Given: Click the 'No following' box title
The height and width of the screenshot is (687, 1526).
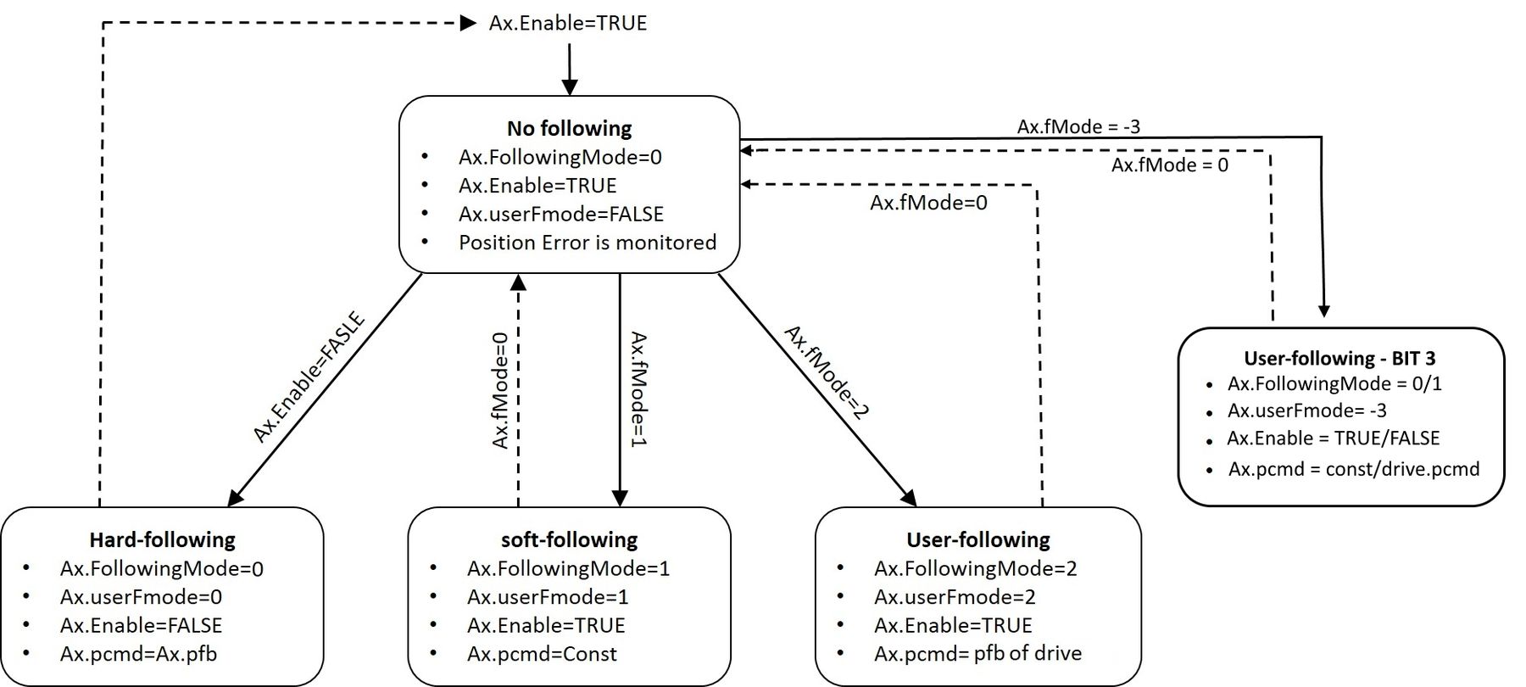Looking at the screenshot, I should [569, 128].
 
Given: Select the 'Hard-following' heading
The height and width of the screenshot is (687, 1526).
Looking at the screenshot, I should [162, 539].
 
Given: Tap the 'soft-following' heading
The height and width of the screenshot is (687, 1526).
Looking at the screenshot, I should [569, 539].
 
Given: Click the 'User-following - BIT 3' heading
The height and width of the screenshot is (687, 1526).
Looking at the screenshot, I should [1339, 358].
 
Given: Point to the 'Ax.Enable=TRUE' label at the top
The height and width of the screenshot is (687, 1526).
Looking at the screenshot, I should [567, 23].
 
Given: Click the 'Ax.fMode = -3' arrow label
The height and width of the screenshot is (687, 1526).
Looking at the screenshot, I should [1078, 126].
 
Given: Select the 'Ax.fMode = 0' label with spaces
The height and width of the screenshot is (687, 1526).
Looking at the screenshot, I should [1169, 165].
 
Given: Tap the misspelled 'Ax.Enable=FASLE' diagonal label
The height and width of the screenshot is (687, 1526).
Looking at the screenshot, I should [309, 377].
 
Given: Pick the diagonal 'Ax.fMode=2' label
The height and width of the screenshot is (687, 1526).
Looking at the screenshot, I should [827, 373].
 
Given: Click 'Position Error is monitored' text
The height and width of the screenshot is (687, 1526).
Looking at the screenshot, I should [587, 243].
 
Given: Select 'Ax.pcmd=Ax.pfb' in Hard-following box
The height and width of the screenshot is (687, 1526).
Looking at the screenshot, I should [138, 654].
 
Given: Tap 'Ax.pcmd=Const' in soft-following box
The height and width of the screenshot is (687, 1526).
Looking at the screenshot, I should [542, 654].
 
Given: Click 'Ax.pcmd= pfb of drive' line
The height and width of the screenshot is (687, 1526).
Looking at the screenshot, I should [977, 654].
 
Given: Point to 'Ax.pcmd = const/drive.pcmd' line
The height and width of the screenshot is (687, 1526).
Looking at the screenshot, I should [1353, 469].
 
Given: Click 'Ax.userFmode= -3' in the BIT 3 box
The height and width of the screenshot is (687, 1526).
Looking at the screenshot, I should [1306, 411].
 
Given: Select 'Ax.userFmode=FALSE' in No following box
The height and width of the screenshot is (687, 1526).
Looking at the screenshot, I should [560, 214].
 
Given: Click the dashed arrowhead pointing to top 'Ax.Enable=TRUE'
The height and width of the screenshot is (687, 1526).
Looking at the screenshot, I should [468, 23].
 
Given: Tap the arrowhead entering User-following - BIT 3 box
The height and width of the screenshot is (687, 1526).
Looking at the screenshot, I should [1324, 311].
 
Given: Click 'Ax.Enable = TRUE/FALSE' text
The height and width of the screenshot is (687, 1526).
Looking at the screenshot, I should [1333, 438].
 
